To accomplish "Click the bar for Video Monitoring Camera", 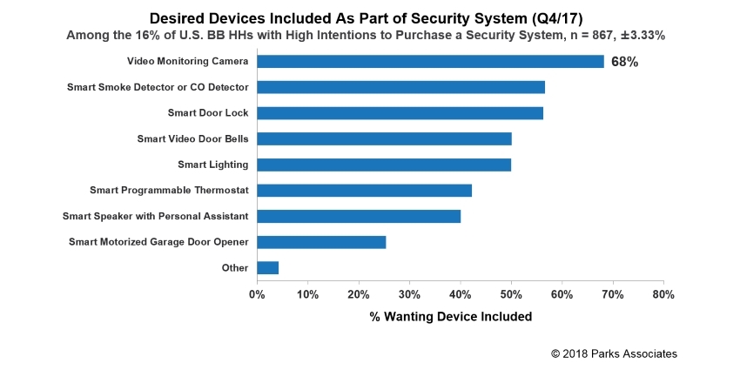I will pos(430,62).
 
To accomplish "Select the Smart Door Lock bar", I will pos(400,113).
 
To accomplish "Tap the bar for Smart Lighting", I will pos(384,165).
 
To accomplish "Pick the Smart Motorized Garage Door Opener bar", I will pos(321,242).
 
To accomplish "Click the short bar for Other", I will pos(267,268).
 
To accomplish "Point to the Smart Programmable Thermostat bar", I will pos(364,191).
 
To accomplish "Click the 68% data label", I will pos(624,62).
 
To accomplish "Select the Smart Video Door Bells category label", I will pos(192,138).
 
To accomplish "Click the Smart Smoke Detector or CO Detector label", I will pos(158,87).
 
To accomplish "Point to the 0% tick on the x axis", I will pos(257,295).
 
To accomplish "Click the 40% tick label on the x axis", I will pos(460,295).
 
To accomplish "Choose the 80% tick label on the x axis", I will pos(663,295).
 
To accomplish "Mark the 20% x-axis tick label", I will pos(358,295).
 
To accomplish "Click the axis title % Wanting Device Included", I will pos(450,317).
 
